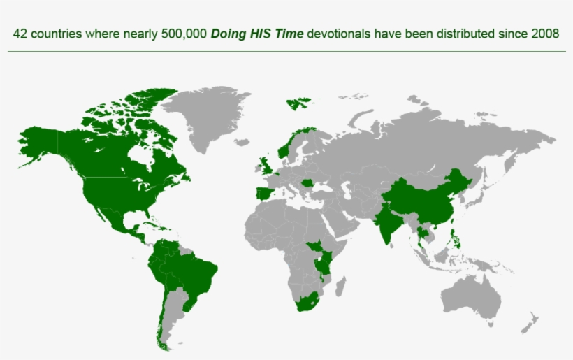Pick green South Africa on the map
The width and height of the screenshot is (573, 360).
tap(307, 305)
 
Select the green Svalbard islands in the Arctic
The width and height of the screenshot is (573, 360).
tap(296, 103)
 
